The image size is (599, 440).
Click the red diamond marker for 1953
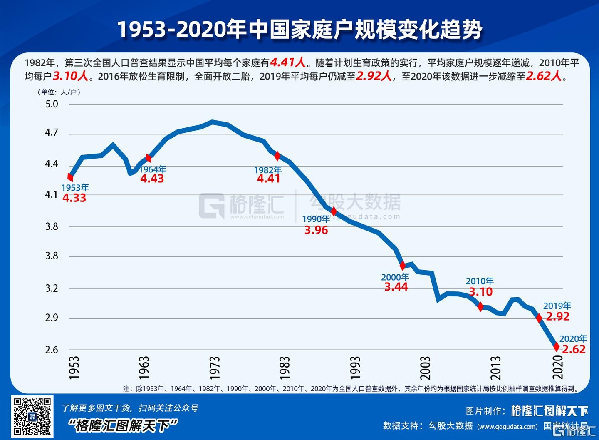click(70, 177)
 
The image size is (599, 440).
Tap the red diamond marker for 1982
click(277, 156)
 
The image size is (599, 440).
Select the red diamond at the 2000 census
click(402, 266)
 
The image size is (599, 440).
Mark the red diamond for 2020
click(557, 346)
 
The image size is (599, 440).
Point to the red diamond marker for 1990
click(334, 211)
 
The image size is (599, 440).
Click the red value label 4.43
click(152, 179)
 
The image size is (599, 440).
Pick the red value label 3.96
click(316, 230)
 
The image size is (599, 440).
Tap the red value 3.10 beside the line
click(481, 292)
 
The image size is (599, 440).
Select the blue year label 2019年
click(557, 306)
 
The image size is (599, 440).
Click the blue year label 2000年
click(395, 277)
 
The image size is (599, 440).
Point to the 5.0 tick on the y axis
click(52, 104)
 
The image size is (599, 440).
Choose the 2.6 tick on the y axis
click(52, 350)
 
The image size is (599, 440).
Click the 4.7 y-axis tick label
click(52, 133)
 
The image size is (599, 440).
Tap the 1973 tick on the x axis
click(214, 368)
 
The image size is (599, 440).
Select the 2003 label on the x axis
click(425, 368)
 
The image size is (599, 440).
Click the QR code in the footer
click(32, 416)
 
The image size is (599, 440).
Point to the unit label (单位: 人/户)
click(59, 92)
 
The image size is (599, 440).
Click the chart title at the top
click(299, 30)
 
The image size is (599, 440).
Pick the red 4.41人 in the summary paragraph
click(288, 62)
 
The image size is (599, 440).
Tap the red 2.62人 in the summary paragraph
click(544, 76)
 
